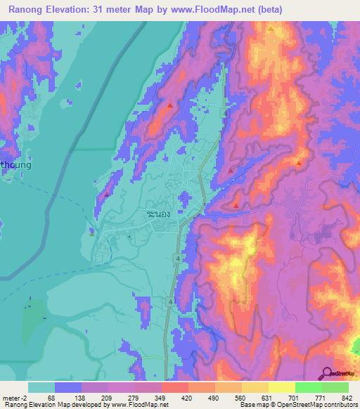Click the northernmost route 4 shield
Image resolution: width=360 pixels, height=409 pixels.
(x=223, y=113)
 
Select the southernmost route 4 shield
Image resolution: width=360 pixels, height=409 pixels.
(x=170, y=301)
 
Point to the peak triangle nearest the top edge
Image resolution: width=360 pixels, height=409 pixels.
(x=271, y=30)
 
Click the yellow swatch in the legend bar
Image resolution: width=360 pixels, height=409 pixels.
(x=281, y=387)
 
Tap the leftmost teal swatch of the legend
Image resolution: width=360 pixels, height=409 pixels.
(x=41, y=387)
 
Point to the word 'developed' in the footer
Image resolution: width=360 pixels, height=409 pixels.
(x=91, y=405)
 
